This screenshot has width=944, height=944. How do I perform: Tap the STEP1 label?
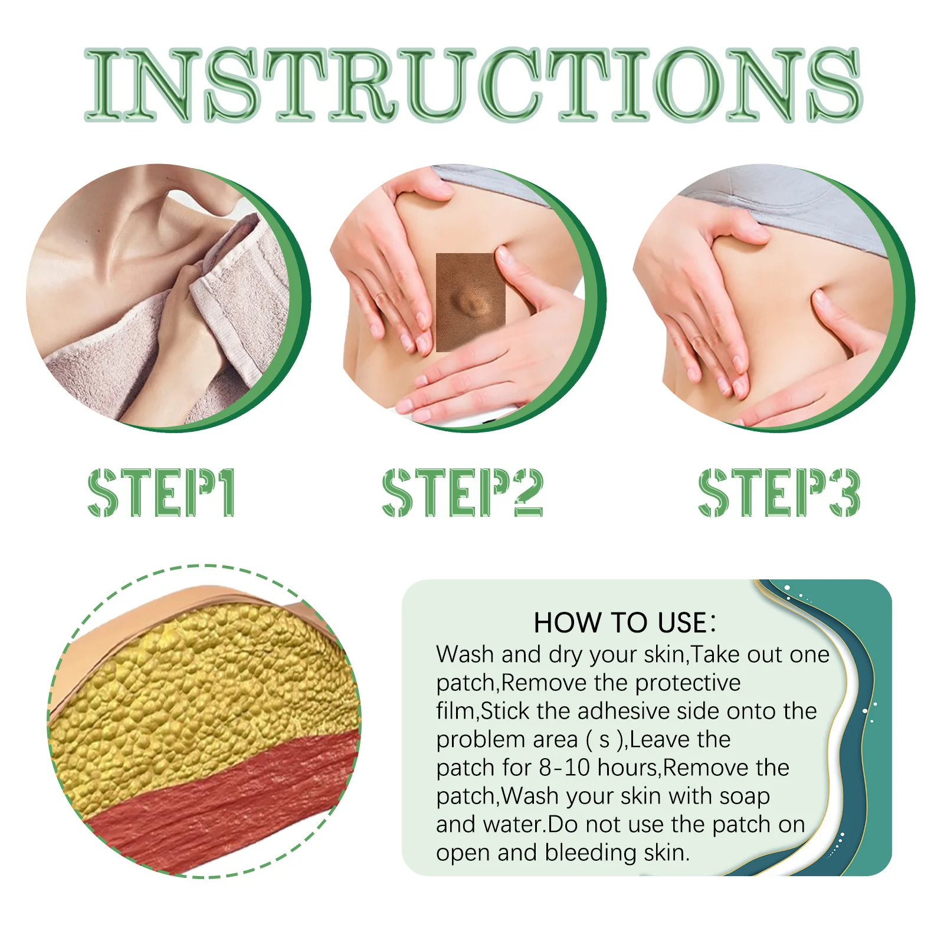click(x=162, y=493)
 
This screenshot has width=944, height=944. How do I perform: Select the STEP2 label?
click(x=462, y=493)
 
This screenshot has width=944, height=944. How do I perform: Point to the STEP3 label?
click(x=779, y=493)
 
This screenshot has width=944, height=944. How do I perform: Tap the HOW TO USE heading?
click(x=624, y=623)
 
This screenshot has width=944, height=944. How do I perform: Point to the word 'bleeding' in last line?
click(x=590, y=853)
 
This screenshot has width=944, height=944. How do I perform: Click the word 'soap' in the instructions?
click(x=745, y=796)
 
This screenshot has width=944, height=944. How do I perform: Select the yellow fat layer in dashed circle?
click(x=195, y=690)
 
